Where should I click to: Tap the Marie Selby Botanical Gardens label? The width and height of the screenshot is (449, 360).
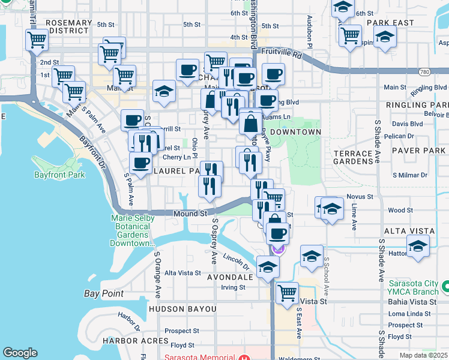coord(130,230)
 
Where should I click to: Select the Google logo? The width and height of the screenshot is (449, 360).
coord(20,353)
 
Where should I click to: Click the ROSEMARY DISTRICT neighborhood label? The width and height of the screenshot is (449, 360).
coord(69,26)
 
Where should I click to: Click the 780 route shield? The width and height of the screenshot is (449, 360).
coord(425,72)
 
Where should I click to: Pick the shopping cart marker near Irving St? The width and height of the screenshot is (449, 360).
coord(287,293)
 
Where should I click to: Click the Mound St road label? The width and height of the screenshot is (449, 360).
coord(190,213)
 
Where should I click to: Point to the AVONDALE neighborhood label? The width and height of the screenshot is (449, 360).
coord(230,278)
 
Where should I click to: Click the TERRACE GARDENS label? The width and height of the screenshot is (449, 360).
coord(354,157)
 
